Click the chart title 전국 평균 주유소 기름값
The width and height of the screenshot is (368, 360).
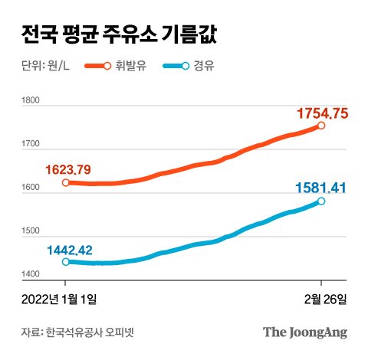click(119, 34)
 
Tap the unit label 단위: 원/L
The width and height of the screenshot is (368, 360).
click(47, 67)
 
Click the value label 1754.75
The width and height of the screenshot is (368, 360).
click(322, 113)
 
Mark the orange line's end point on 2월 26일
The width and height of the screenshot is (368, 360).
click(321, 126)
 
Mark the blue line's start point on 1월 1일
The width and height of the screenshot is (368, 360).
click(66, 262)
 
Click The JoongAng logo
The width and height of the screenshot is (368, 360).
click(305, 332)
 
